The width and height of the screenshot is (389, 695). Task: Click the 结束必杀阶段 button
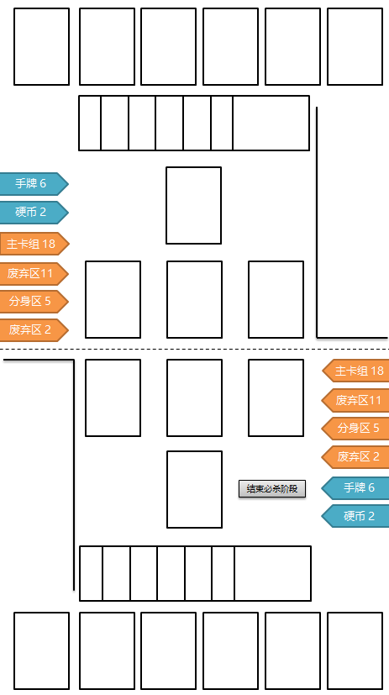pos(272,488)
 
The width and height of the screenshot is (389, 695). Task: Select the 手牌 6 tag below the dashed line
pos(357,487)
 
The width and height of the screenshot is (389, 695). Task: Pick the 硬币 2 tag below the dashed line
pos(357,515)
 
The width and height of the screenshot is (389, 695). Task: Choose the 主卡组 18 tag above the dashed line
pos(32,244)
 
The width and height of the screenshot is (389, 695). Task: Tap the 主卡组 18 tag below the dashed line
pos(357,371)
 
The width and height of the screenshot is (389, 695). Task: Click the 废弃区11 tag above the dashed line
pos(32,273)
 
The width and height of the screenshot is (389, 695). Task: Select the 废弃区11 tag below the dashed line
pos(357,400)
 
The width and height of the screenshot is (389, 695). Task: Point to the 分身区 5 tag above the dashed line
pos(32,301)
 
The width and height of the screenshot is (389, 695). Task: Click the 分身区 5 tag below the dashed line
pos(357,428)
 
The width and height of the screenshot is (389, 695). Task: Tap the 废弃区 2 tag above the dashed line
pos(32,329)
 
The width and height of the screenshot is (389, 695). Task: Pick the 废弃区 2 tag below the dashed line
pos(357,456)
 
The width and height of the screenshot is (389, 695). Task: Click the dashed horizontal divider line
pos(194,349)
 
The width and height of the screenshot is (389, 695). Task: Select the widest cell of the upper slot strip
pos(271,123)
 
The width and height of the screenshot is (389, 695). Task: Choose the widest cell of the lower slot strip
pos(272,573)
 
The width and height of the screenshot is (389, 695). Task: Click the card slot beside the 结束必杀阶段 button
pos(194,489)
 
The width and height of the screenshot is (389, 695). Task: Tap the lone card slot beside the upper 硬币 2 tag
pos(193,205)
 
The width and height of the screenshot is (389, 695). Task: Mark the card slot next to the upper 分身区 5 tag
pos(113,299)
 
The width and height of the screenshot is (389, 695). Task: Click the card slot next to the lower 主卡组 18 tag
pos(276,398)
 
